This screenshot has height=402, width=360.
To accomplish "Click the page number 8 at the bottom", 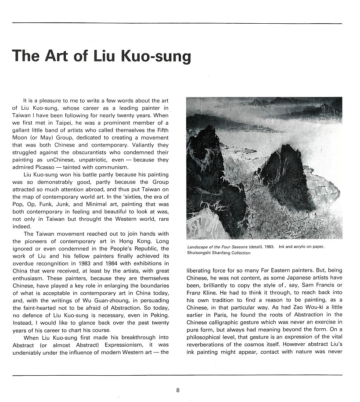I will (x=178, y=389).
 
